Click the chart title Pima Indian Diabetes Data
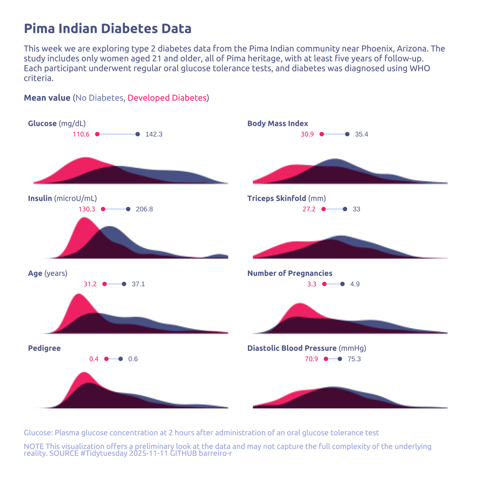(x=107, y=29)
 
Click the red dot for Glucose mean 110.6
(x=97, y=134)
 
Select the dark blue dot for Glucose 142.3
(x=138, y=134)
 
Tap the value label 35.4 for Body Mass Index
(x=361, y=134)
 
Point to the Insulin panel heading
(x=62, y=198)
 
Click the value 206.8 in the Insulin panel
(x=144, y=209)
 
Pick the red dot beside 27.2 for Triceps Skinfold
(x=324, y=209)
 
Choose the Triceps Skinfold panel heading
(x=286, y=198)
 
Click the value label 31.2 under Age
(x=90, y=284)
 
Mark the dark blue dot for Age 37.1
(x=124, y=284)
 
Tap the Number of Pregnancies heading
(x=290, y=273)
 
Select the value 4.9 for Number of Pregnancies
(x=355, y=284)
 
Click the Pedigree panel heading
(x=44, y=348)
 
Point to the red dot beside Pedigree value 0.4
(x=106, y=359)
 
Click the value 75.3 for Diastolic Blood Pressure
(x=354, y=359)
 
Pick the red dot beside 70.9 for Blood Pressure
(x=326, y=359)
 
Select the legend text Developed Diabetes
(x=167, y=98)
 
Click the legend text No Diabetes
(x=99, y=98)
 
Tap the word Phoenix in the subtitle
(x=376, y=49)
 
